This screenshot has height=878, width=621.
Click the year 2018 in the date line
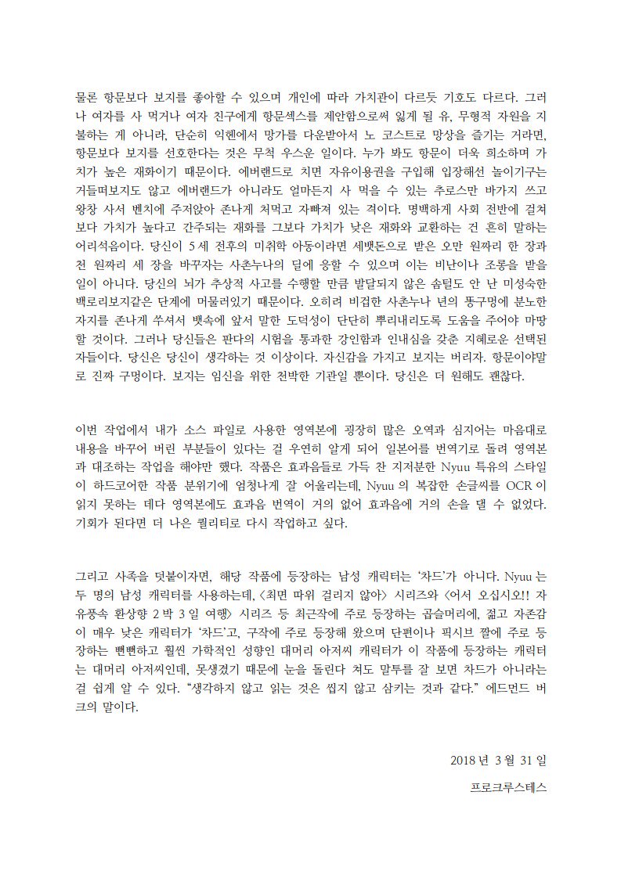pos(462,760)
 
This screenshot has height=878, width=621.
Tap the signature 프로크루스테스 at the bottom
pos(508,788)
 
